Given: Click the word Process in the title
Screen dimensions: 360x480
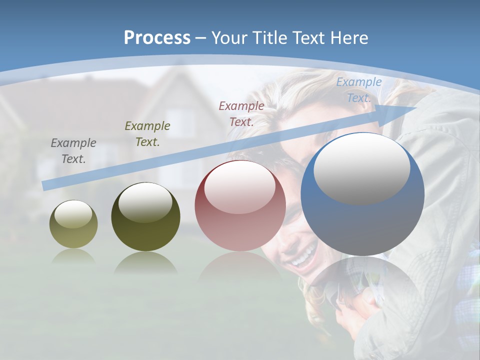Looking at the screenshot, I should coord(157,38).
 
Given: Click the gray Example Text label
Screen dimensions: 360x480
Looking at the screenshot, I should coord(73,151).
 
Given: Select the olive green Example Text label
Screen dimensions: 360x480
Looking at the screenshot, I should coord(147,134).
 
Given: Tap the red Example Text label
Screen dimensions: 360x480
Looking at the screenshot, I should coord(241,113).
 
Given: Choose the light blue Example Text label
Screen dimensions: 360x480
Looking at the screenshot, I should coord(358,90).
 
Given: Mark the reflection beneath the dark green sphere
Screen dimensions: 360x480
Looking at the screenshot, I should coord(145,262).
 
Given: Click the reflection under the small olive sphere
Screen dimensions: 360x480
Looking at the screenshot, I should coord(73,256).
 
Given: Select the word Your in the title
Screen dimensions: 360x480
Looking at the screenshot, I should coord(228,38).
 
